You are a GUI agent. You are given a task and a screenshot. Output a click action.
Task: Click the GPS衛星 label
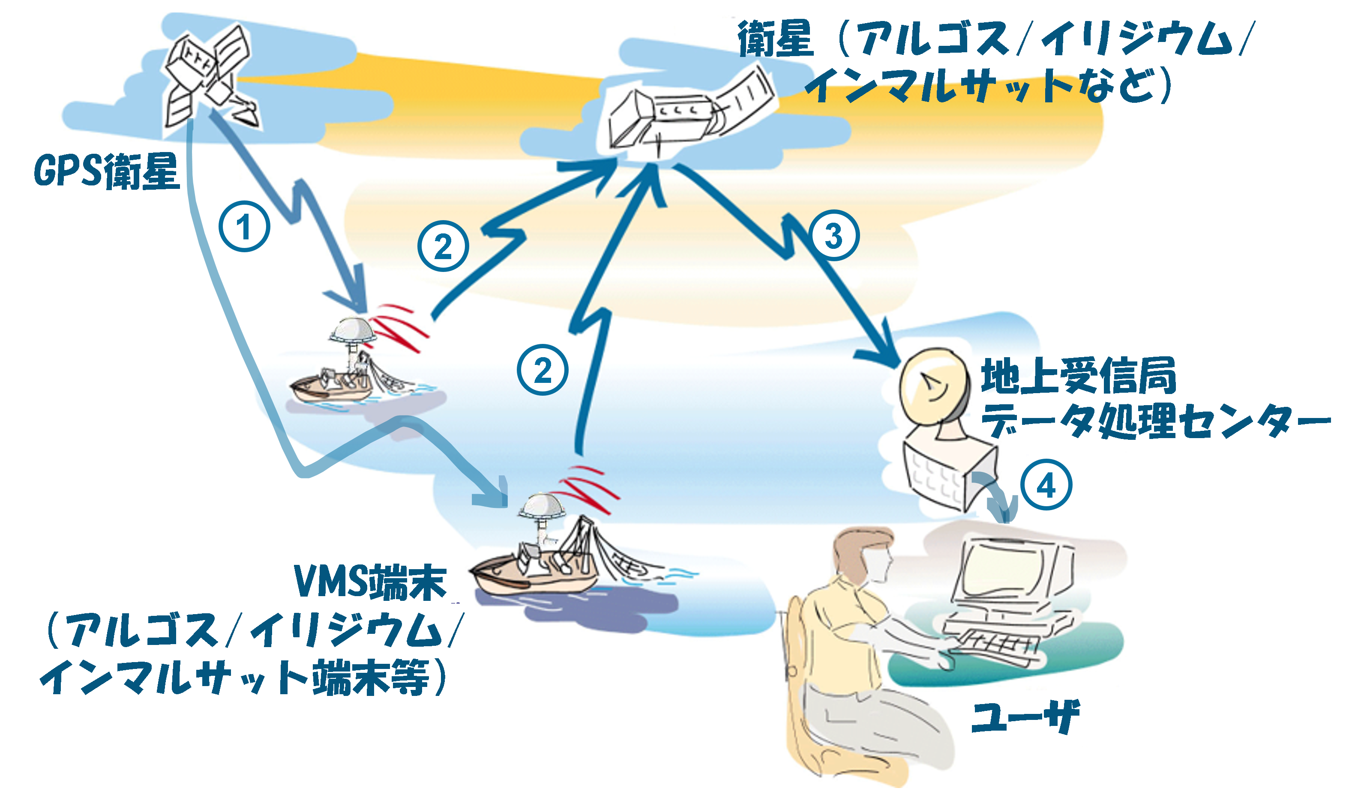pyautogui.click(x=106, y=171)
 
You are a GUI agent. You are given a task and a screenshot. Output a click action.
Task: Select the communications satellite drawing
pyautogui.click(x=684, y=116)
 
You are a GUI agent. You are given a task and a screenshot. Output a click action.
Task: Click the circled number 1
pyautogui.click(x=244, y=227)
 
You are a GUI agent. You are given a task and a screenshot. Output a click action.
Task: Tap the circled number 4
pyautogui.click(x=1046, y=485)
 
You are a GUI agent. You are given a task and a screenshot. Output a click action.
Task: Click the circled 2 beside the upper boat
pyautogui.click(x=443, y=246)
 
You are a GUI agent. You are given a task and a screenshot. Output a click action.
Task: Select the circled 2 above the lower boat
pyautogui.click(x=543, y=370)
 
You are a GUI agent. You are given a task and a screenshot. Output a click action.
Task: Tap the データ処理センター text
pyautogui.click(x=1153, y=421)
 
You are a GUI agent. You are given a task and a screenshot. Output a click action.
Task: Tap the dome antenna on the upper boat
pyautogui.click(x=353, y=330)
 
